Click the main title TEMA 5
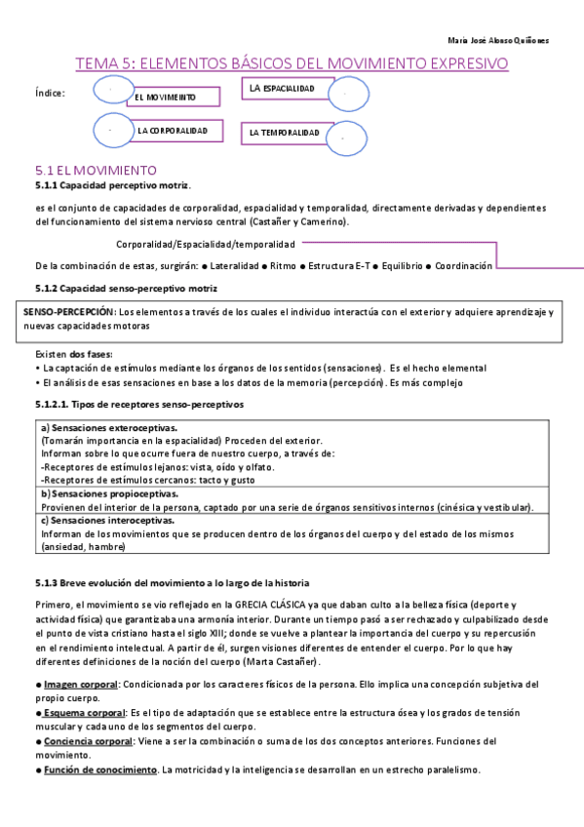tap(292, 64)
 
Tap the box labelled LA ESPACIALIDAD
tap(286, 90)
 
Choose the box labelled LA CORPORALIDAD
tap(180, 130)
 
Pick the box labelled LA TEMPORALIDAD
tap(288, 132)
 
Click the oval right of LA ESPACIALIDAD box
tap(348, 95)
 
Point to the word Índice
tap(50, 94)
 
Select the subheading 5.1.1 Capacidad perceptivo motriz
tap(112, 184)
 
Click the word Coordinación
tap(463, 265)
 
